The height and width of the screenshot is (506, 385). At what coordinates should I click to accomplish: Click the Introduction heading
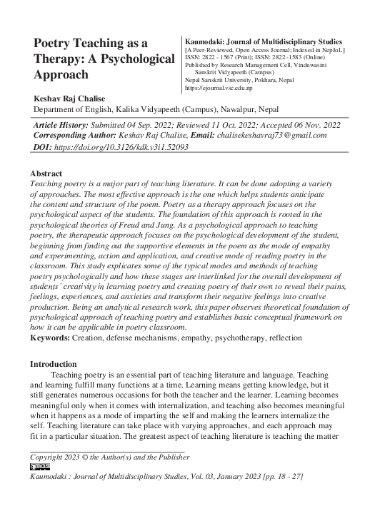[53, 364]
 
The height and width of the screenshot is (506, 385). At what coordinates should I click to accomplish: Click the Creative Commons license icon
[40, 466]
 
